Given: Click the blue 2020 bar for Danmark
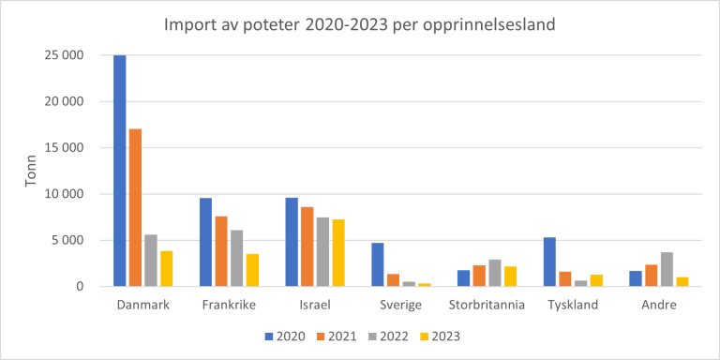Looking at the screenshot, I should coord(120,171).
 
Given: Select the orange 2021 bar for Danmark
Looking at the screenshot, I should coord(136,207).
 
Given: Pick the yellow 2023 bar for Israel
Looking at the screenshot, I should coord(337,252).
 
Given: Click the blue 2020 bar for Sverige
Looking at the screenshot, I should coord(377,264).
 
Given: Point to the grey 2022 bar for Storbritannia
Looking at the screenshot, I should coord(495,273).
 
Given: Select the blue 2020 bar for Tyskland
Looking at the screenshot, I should coord(549,262).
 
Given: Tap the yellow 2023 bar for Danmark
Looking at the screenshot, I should coord(166,268).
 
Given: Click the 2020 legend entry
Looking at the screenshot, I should coord(283,335).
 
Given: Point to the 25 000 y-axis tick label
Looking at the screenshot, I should coord(65,55).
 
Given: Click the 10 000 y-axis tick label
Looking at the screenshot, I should coord(65,194).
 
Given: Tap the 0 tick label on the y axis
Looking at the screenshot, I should coord(81,286).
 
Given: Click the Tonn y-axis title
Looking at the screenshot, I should coord(30,171).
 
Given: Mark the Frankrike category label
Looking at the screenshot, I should coord(230,306).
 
